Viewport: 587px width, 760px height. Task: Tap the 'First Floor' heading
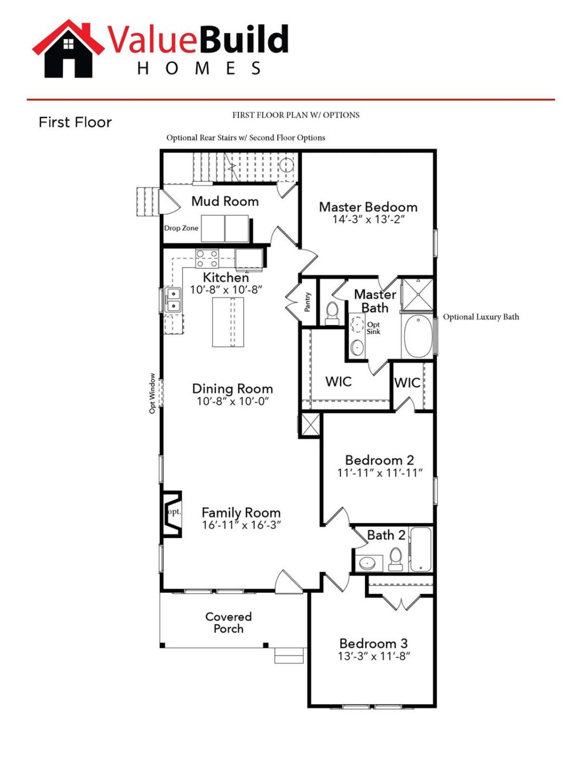click(x=75, y=122)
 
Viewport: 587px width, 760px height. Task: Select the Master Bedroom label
click(x=368, y=207)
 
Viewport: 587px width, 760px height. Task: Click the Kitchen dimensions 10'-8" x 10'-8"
click(x=226, y=290)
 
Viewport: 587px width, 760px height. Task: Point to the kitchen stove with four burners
click(x=207, y=259)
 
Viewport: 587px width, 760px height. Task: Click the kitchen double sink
click(x=173, y=300)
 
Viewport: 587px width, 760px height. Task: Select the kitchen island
click(x=228, y=322)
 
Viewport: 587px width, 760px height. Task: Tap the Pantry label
click(x=307, y=302)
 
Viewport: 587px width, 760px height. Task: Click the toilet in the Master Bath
click(x=332, y=312)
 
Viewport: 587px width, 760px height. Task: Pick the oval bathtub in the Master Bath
click(x=418, y=336)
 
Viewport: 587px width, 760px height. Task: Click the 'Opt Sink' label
click(x=373, y=328)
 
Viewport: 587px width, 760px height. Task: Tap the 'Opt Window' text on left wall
click(x=152, y=394)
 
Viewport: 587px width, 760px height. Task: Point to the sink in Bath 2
click(x=368, y=563)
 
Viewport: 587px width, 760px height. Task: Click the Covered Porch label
click(x=228, y=623)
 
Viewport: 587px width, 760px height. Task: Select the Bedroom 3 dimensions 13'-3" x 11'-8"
click(x=374, y=657)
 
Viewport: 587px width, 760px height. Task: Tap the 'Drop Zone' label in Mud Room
click(x=181, y=228)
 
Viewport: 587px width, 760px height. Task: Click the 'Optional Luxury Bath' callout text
click(x=480, y=317)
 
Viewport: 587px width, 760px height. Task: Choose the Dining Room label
click(x=232, y=389)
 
